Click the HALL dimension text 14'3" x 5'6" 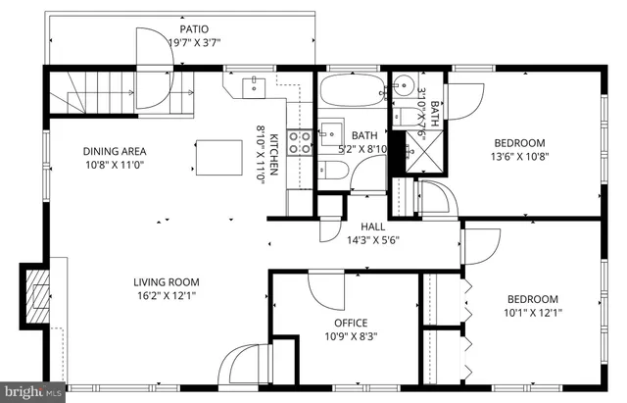[372, 239]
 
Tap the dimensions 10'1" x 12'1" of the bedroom [532, 313]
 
